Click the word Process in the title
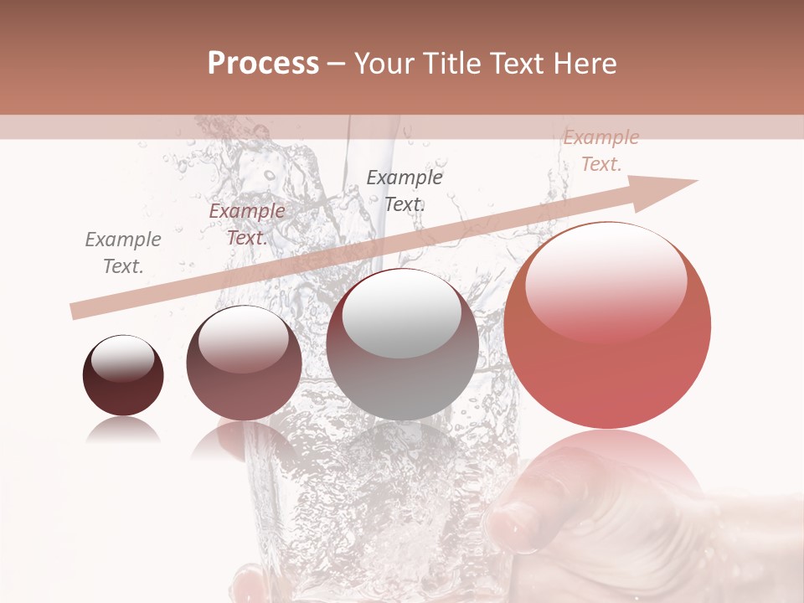click(x=263, y=64)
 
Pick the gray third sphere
click(x=402, y=345)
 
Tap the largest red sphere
click(x=607, y=327)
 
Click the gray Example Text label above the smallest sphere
click(x=123, y=253)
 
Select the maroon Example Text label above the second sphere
click(x=246, y=224)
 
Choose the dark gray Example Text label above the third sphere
click(x=405, y=190)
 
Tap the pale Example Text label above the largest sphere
click(x=600, y=151)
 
